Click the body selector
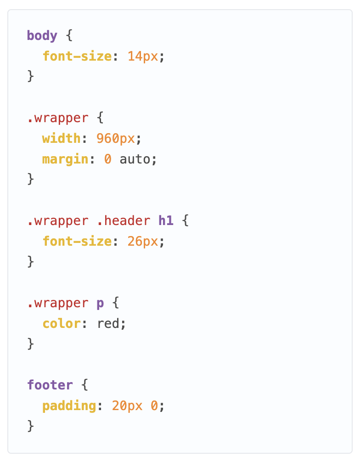[x=42, y=36]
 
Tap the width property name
[x=61, y=138]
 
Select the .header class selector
[x=124, y=221]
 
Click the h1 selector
[x=166, y=221]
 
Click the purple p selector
[x=100, y=304]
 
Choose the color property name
[x=61, y=323]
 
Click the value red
[x=108, y=323]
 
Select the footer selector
[x=50, y=385]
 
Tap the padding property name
[x=69, y=406]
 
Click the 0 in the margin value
[x=108, y=159]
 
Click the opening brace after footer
[x=84, y=385]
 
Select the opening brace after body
[x=69, y=36]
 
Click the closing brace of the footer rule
[x=31, y=426]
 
